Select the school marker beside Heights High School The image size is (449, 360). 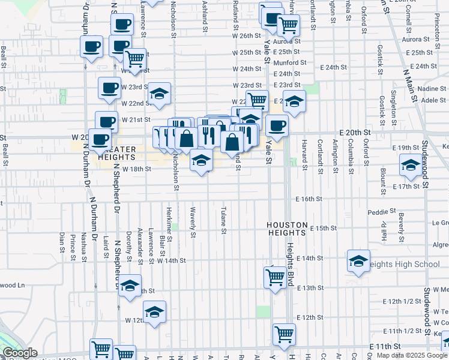pyautogui.click(x=358, y=261)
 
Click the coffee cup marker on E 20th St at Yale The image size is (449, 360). pyautogui.click(x=277, y=125)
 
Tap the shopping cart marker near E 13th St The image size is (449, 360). pyautogui.click(x=275, y=277)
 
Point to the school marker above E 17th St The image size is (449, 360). pyautogui.click(x=411, y=166)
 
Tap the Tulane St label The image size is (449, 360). pyautogui.click(x=223, y=221)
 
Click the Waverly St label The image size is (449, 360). pyautogui.click(x=193, y=223)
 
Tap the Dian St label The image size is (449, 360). pyautogui.click(x=61, y=243)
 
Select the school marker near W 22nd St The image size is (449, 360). pyautogui.click(x=160, y=94)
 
